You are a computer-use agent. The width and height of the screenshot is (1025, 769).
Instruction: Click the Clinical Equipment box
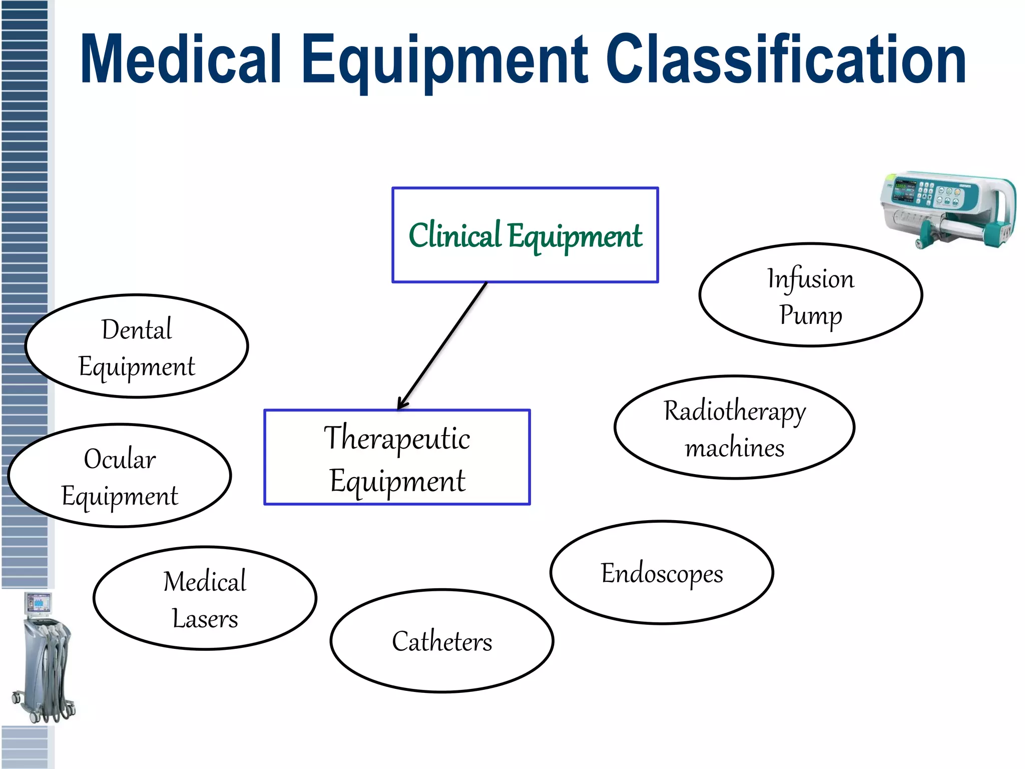click(x=525, y=235)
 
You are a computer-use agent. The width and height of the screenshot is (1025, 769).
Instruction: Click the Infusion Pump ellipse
click(x=810, y=295)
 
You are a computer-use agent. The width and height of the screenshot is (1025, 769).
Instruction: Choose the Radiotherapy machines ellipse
click(x=734, y=427)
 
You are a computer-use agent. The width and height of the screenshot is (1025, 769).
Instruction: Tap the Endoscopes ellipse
click(x=662, y=573)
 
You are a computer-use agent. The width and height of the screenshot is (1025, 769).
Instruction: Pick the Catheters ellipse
click(x=441, y=641)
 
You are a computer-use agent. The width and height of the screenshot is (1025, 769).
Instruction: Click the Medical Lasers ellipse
click(x=205, y=598)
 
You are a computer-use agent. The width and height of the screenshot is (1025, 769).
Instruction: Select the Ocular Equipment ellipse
click(x=120, y=476)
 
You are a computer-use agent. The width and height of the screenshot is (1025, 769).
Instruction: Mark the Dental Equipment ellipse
click(x=137, y=346)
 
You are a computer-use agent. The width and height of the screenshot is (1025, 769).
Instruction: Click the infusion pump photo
click(x=947, y=210)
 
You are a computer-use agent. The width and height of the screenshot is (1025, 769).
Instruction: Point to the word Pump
click(x=810, y=315)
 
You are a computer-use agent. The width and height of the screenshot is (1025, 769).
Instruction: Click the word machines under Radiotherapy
click(x=734, y=447)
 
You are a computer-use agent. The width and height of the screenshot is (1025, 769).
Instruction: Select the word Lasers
click(x=205, y=619)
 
